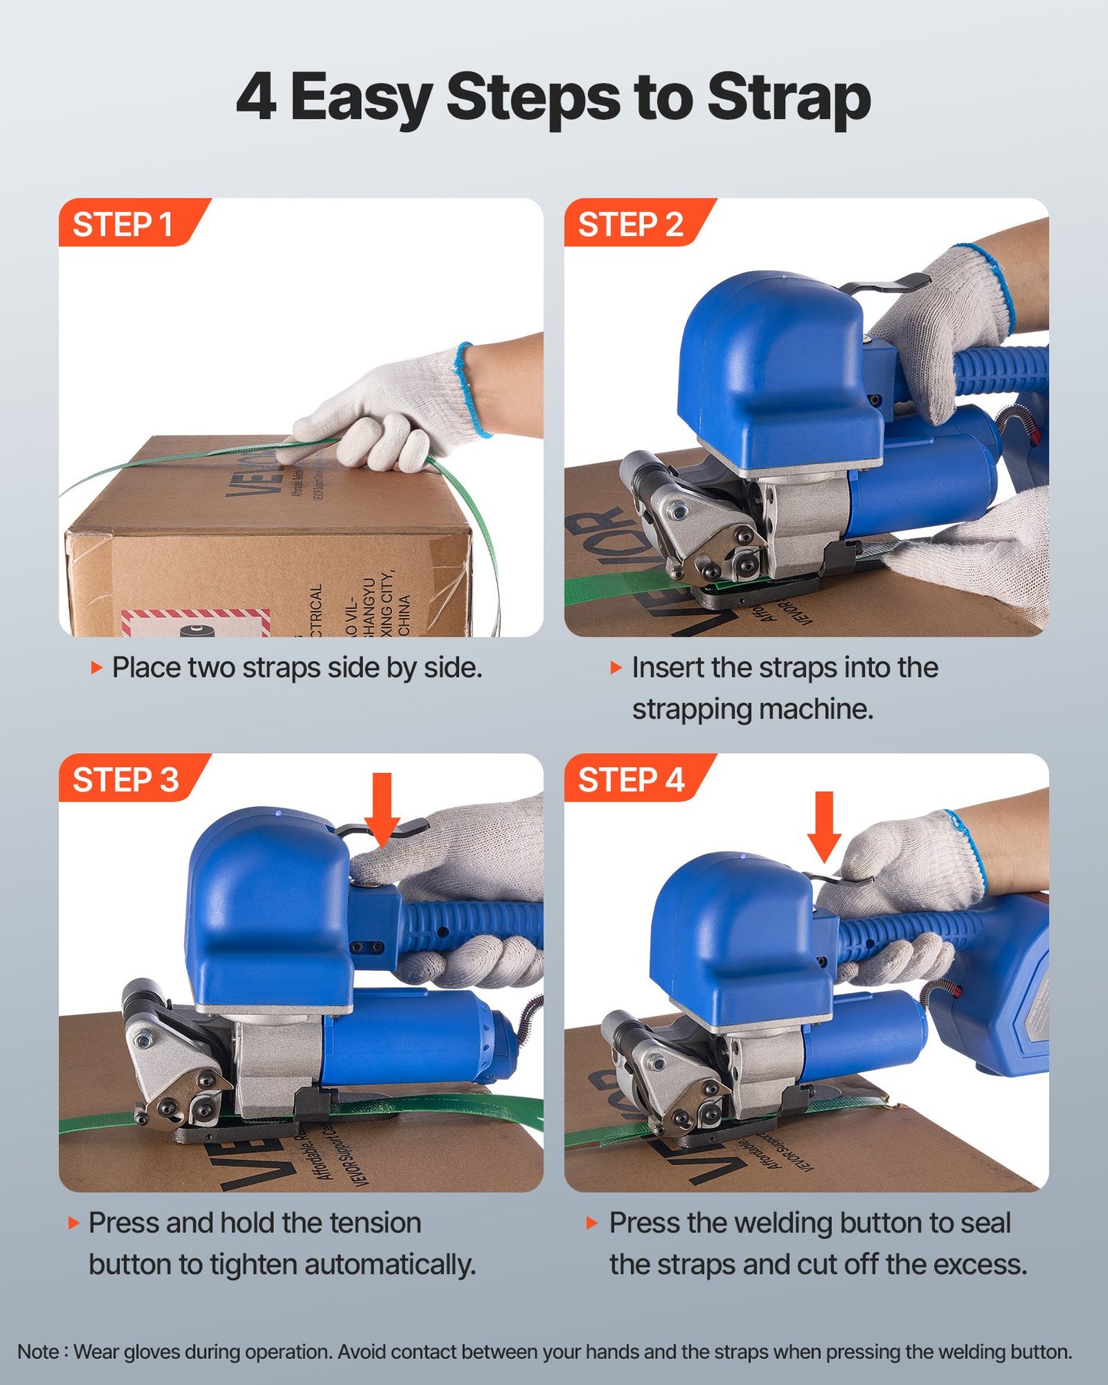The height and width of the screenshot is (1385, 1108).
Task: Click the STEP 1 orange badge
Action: (x=123, y=224)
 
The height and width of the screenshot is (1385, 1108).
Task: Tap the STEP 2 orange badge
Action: (x=630, y=224)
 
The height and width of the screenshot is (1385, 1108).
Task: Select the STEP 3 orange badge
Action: (x=125, y=779)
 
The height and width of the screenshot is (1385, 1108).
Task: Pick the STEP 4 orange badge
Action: (x=630, y=779)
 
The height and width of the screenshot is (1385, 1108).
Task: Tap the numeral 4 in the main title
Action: (x=255, y=98)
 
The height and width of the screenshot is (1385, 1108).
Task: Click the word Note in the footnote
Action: (x=37, y=1352)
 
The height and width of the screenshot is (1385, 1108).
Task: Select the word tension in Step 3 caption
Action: (x=375, y=1222)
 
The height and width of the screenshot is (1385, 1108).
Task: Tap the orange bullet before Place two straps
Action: (x=97, y=667)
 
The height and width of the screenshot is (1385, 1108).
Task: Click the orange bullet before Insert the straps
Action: (x=615, y=667)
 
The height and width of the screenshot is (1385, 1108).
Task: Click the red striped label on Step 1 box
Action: (x=196, y=622)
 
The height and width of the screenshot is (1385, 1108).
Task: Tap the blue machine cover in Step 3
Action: (x=265, y=905)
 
